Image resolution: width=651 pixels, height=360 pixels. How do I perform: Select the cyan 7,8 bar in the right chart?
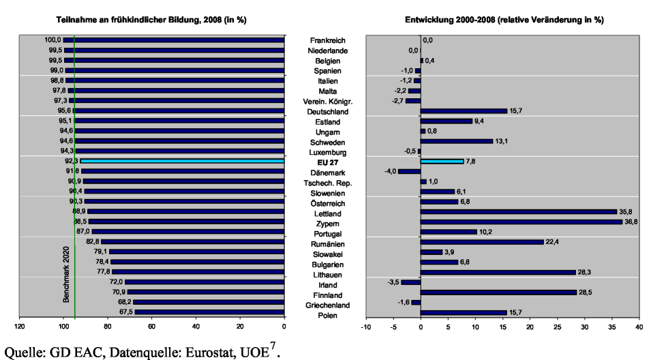442,162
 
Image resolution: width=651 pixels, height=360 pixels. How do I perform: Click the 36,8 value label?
631,222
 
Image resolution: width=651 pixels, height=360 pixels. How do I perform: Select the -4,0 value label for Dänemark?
390,172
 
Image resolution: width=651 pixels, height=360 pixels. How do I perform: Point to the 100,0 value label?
53,40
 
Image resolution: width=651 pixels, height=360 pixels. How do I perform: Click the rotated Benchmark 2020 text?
66,275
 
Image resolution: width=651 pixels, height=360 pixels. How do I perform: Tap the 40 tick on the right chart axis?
639,327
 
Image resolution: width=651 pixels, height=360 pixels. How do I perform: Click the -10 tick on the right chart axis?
366,327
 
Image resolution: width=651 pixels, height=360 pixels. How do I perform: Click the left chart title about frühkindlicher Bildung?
151,20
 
